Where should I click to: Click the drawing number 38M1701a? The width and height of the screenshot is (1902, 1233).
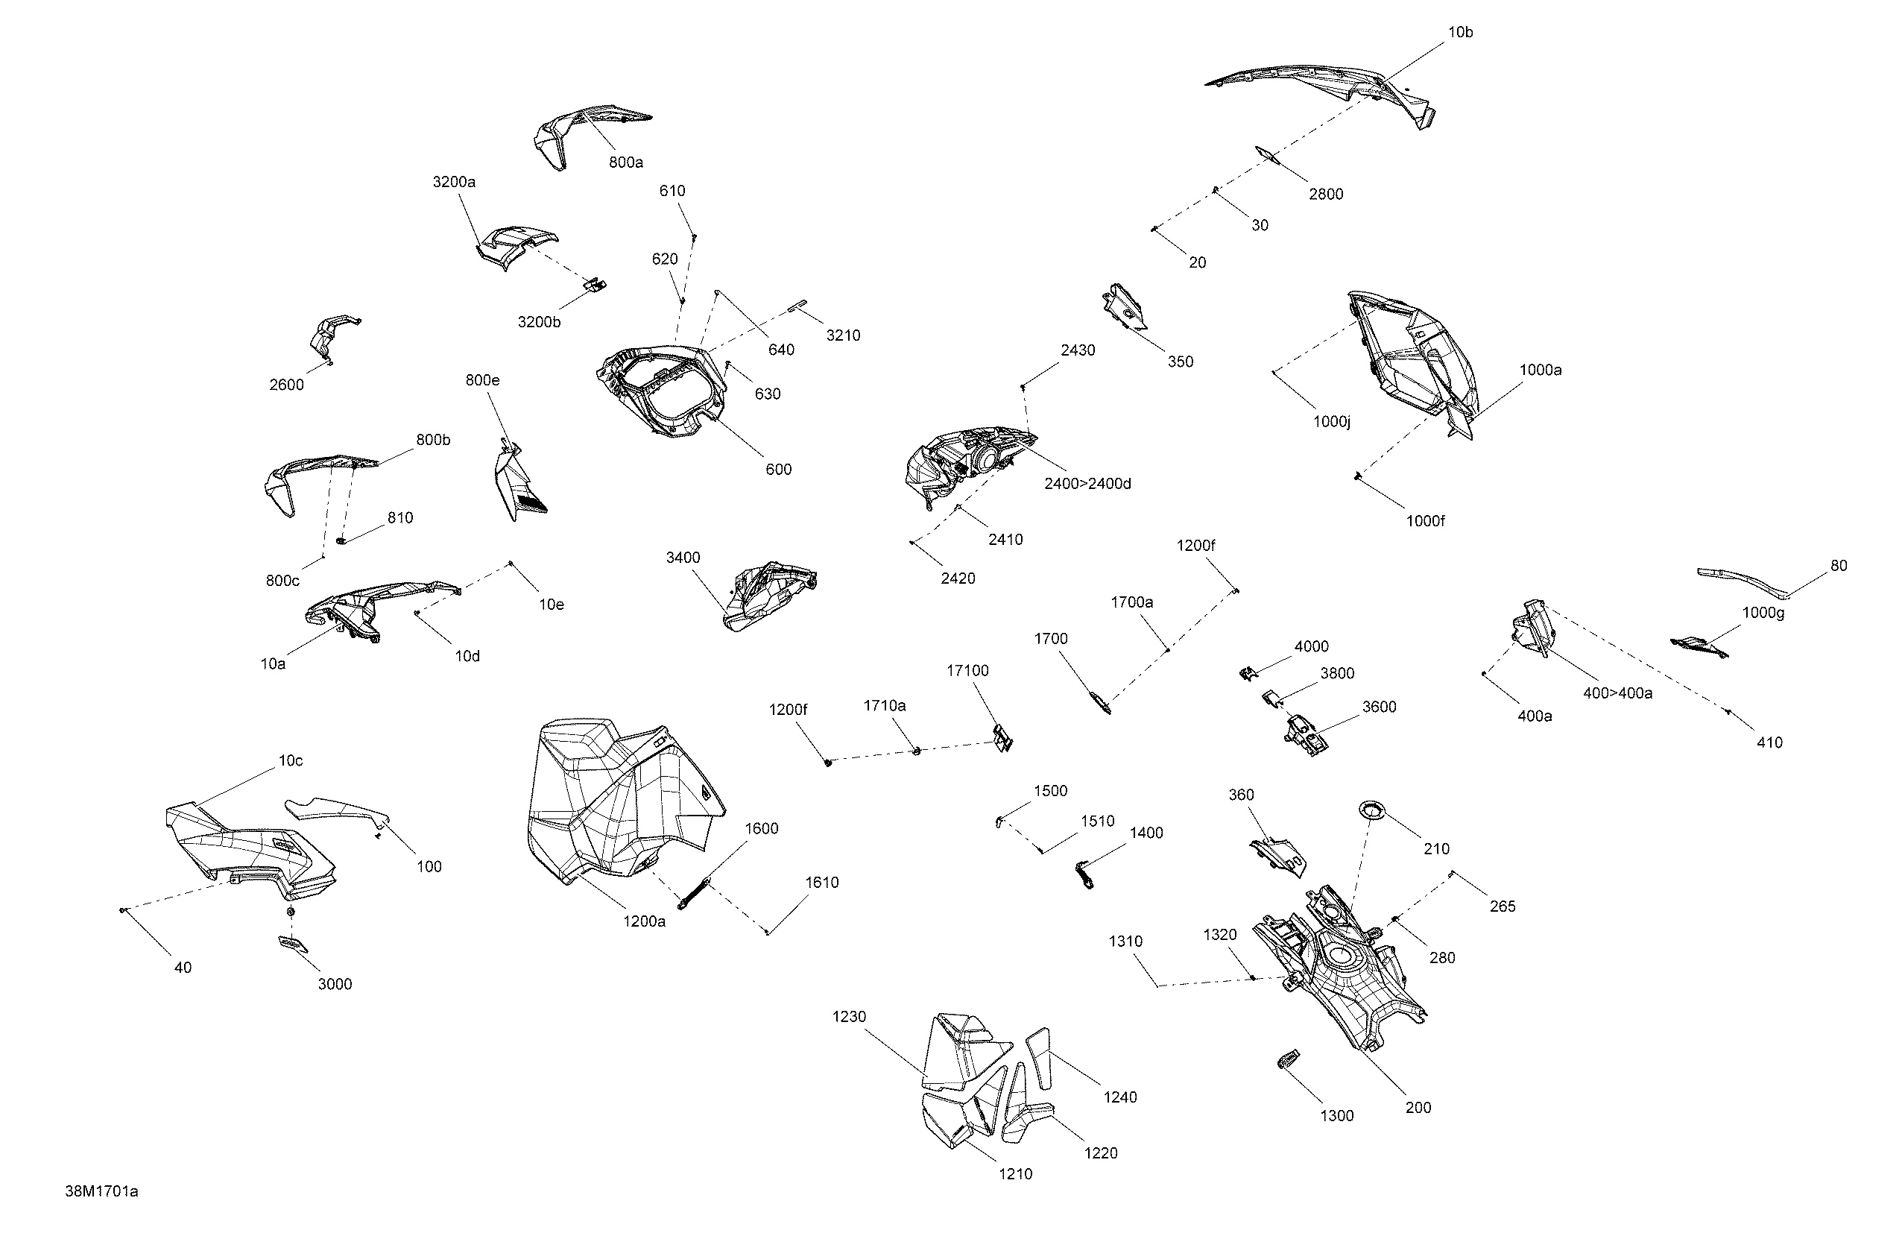click(101, 1191)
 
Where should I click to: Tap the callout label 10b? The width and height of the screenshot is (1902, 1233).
click(1460, 32)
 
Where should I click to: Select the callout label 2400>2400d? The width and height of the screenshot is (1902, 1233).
click(1087, 484)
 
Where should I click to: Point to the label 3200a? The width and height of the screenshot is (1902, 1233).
click(454, 181)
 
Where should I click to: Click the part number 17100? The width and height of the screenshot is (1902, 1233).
click(968, 670)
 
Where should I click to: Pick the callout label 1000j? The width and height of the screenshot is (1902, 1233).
click(1331, 421)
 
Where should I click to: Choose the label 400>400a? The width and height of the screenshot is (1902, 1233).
click(1617, 693)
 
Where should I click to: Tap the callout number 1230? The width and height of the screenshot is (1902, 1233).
click(849, 1017)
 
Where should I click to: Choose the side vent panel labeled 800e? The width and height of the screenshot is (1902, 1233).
click(517, 482)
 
